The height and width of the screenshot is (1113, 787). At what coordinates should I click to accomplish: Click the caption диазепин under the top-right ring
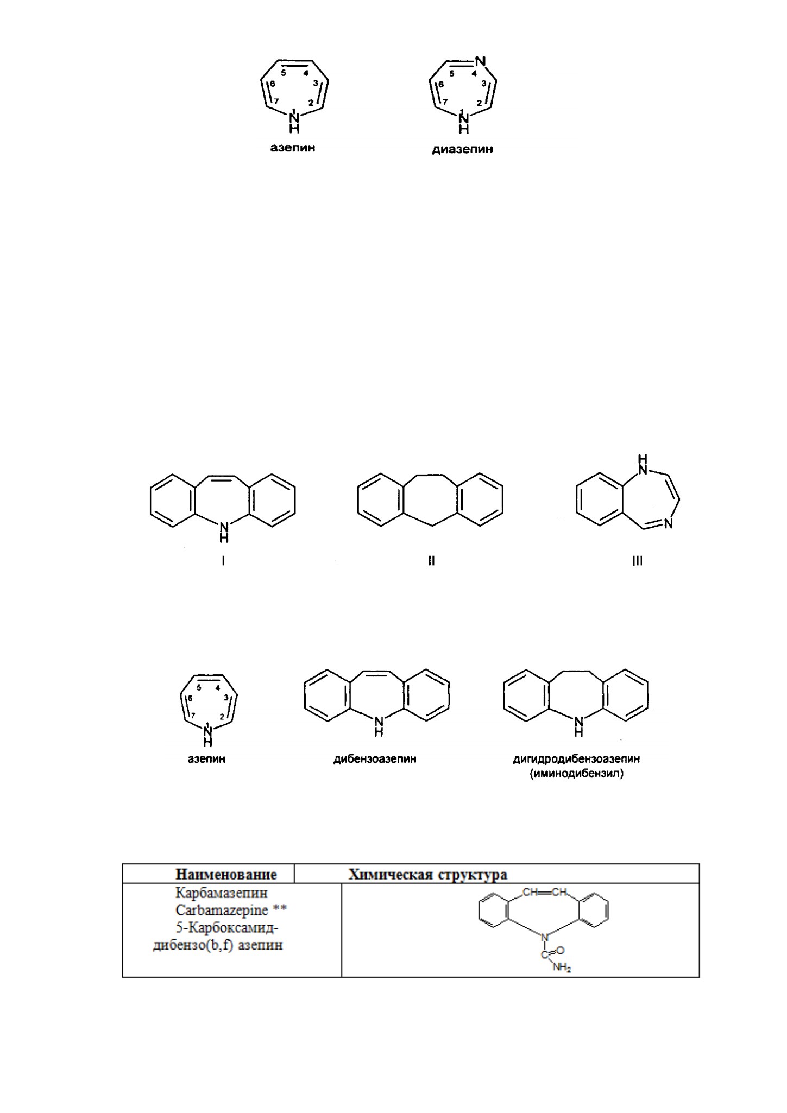[x=462, y=149]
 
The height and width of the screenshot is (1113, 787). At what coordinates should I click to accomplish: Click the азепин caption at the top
[x=293, y=147]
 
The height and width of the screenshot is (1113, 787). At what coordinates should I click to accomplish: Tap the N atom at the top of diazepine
[x=479, y=61]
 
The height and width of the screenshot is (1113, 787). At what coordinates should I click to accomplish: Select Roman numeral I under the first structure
[x=223, y=561]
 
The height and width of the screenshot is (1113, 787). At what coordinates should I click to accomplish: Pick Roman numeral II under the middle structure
[x=431, y=561]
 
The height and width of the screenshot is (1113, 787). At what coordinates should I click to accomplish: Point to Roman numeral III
[x=637, y=561]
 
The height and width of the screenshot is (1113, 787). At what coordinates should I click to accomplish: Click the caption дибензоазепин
[x=375, y=759]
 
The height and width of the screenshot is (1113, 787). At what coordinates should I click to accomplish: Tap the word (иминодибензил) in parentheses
[x=576, y=774]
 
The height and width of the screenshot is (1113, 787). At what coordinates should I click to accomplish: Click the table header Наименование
[x=226, y=874]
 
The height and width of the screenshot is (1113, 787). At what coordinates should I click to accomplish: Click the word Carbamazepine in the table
[x=222, y=909]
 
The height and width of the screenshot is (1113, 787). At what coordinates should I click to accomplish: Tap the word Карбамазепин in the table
[x=222, y=893]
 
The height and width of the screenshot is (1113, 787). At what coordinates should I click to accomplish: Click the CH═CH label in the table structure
[x=545, y=892]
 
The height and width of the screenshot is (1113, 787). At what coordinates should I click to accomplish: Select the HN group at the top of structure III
[x=643, y=464]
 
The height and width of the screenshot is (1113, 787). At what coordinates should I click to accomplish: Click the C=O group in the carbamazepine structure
[x=553, y=951]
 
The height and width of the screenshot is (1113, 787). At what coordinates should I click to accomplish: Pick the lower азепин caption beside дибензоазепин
[x=206, y=759]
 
